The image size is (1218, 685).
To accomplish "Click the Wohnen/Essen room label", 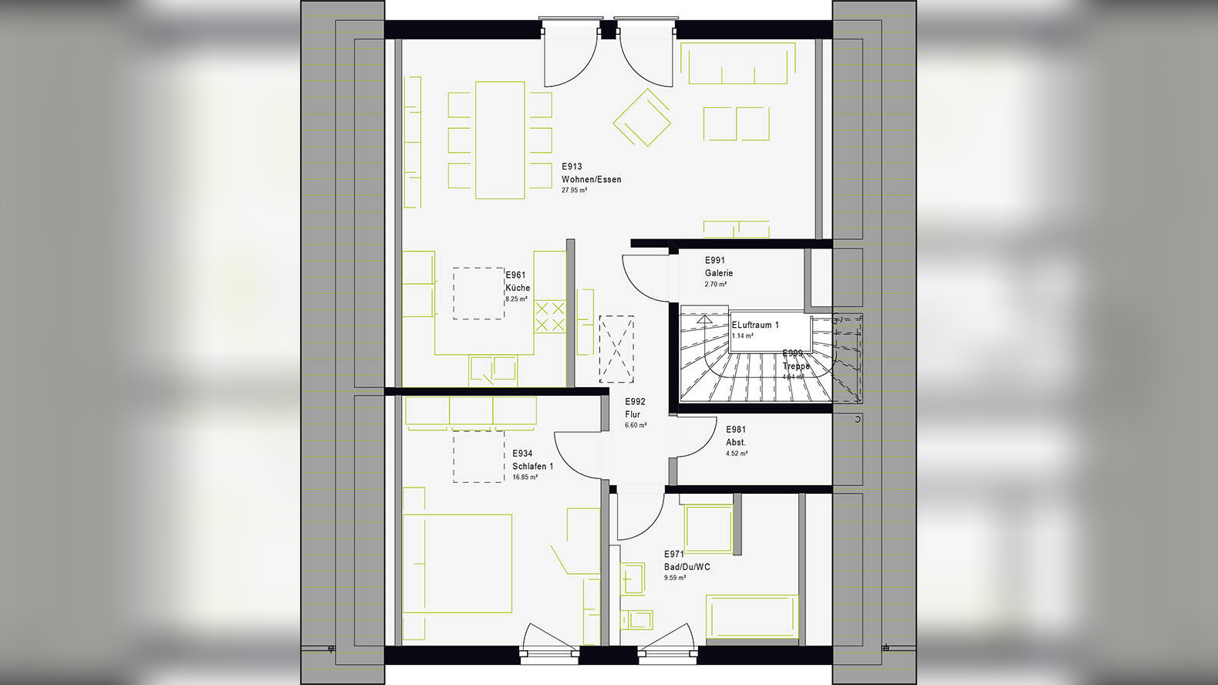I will (x=591, y=179).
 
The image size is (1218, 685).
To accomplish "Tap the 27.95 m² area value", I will (x=574, y=190).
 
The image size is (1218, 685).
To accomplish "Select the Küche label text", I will (x=518, y=288).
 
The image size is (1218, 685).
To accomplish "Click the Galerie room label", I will (x=718, y=273).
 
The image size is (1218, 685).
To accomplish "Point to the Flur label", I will (x=633, y=414).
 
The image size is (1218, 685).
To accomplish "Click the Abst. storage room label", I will (x=735, y=442).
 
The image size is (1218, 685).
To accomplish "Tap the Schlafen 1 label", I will (x=532, y=466).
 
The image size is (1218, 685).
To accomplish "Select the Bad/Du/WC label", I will (x=687, y=567).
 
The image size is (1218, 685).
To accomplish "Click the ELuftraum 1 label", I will (x=755, y=325).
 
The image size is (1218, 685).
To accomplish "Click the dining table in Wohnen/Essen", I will (x=500, y=140).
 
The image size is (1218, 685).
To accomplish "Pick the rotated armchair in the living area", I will (x=642, y=118).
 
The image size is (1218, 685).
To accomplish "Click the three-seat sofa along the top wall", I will (x=738, y=64).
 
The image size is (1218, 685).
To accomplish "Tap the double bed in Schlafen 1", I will (x=457, y=563).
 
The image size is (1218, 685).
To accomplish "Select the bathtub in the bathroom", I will (x=752, y=616).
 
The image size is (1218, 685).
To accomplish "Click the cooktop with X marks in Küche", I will (x=550, y=317).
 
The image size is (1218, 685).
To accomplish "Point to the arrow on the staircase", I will (x=705, y=318).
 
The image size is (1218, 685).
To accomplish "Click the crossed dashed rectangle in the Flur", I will (x=616, y=349).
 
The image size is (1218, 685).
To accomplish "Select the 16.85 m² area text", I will (x=525, y=477).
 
